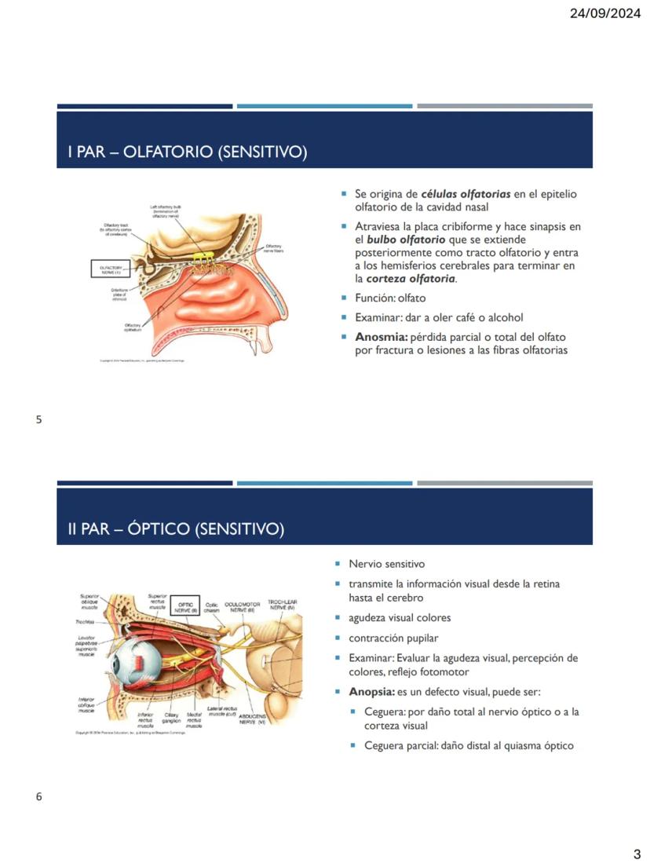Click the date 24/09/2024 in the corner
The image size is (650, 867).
[604, 13]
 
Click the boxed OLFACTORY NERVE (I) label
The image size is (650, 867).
[110, 269]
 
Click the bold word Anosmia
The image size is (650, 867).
[381, 336]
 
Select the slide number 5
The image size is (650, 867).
[38, 419]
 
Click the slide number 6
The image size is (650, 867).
[38, 797]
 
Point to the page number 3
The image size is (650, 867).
[637, 854]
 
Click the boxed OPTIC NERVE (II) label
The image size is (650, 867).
[184, 606]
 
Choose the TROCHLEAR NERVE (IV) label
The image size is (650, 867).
[281, 605]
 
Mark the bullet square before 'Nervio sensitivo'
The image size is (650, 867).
[338, 564]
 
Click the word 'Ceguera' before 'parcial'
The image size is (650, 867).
[384, 745]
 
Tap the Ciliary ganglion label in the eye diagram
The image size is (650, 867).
[172, 719]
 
